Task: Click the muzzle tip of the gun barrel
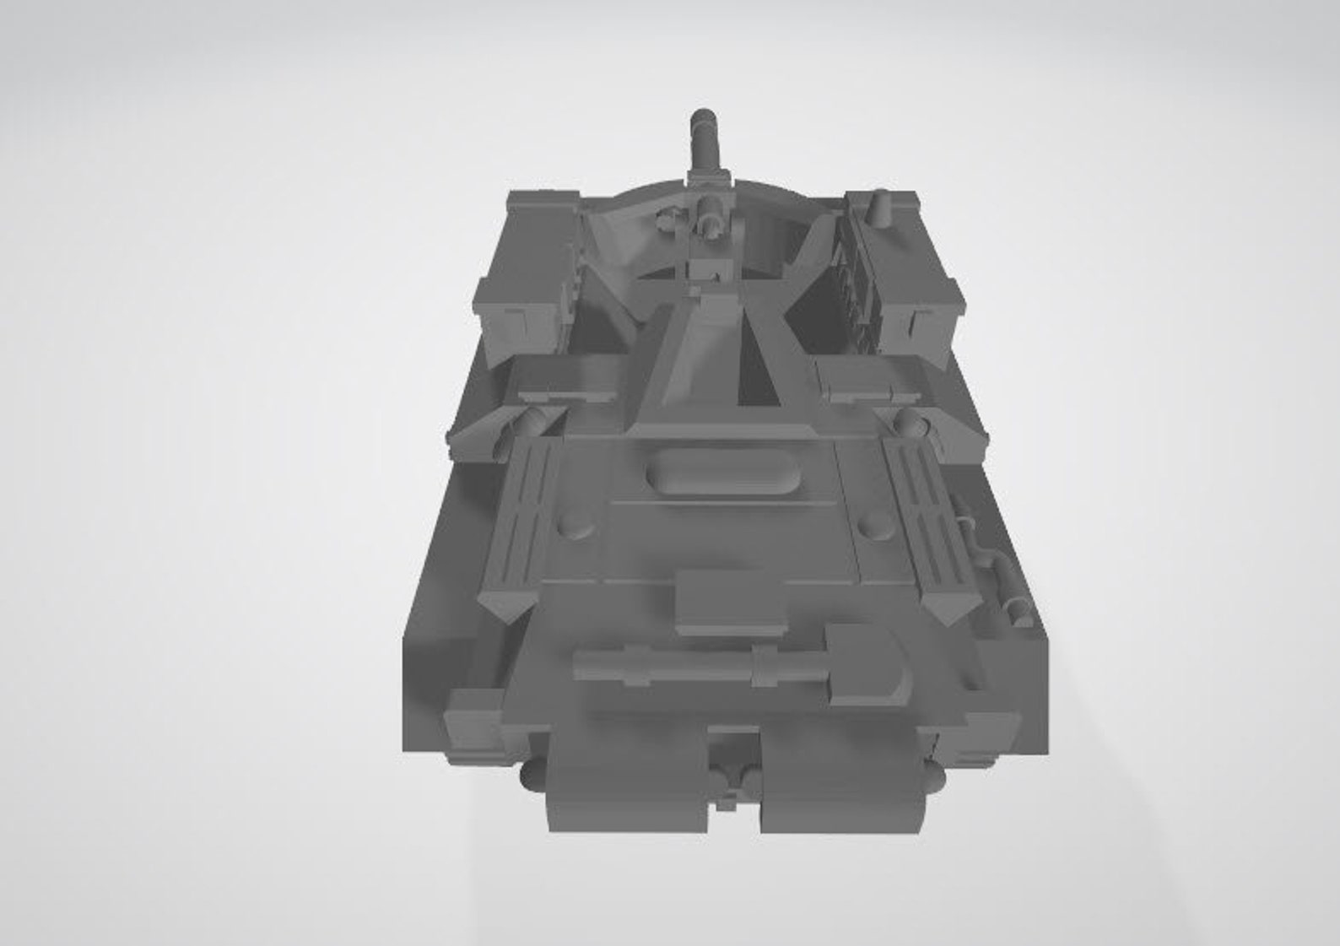(703, 118)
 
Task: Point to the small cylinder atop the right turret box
(883, 207)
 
